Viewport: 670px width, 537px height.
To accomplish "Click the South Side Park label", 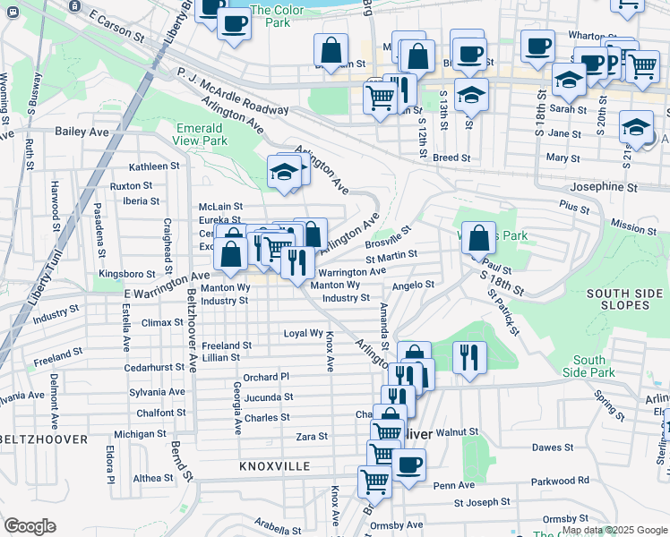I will [590, 366].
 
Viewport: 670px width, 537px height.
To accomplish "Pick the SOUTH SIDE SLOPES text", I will [631, 300].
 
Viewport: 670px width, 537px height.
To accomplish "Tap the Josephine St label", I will [604, 188].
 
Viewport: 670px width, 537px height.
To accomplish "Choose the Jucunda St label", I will [269, 396].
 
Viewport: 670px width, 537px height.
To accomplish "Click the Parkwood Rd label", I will [583, 481].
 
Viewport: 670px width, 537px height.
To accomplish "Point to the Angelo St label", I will [413, 286].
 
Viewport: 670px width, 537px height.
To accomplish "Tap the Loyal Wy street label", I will [303, 333].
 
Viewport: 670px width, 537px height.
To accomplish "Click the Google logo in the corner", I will [30, 525].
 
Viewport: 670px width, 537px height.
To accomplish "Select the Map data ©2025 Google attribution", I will [614, 530].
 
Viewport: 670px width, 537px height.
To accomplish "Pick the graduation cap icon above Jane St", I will [636, 127].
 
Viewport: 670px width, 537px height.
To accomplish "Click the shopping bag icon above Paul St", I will [479, 238].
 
